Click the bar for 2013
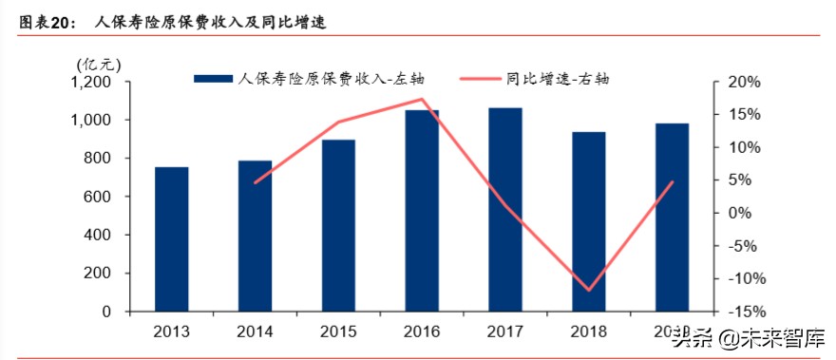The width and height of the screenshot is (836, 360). (x=172, y=239)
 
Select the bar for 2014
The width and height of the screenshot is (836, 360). (x=255, y=237)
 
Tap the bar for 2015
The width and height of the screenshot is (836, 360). (x=338, y=226)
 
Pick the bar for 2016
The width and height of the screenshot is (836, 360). (x=422, y=211)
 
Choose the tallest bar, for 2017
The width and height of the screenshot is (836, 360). (x=505, y=210)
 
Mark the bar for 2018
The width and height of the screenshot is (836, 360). (x=588, y=221)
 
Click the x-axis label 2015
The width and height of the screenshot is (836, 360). (x=338, y=332)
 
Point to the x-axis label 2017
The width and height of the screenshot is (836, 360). (x=505, y=332)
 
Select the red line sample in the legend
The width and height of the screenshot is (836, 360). (x=484, y=79)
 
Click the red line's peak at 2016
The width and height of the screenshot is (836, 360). (x=422, y=99)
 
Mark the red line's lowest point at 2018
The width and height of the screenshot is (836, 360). (x=588, y=290)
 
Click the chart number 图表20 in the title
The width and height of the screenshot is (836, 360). (x=47, y=22)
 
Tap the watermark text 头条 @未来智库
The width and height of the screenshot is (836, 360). (x=749, y=336)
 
